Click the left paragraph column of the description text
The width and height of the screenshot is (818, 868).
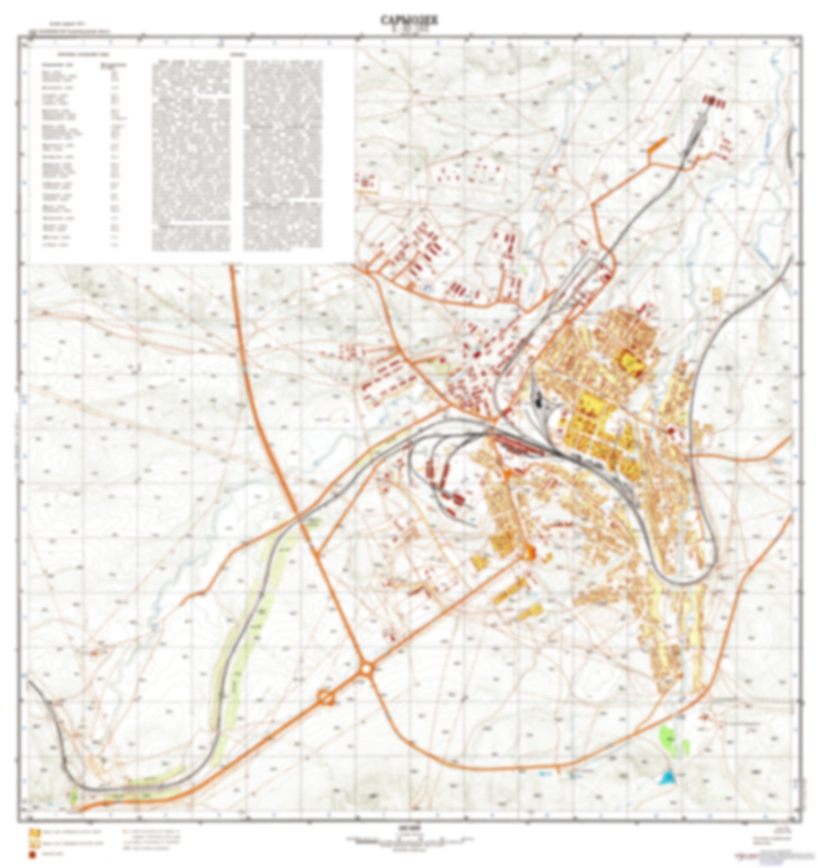pos(191,155)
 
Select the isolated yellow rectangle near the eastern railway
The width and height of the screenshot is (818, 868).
pos(716,295)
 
